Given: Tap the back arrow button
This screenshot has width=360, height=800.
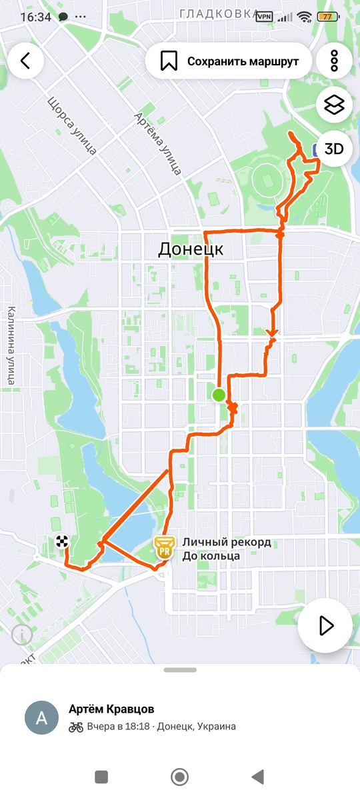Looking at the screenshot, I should point(25,61).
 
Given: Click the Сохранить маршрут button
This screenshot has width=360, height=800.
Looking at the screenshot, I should point(229,61).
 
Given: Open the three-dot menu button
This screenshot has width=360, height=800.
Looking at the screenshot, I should point(334,61).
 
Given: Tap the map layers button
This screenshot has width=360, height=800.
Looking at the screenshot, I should point(334,105).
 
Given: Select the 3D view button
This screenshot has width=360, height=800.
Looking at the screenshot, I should point(334,149).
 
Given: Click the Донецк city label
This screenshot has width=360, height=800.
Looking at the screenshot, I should point(191,250).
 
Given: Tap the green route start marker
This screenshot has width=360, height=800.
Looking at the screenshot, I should point(219,395).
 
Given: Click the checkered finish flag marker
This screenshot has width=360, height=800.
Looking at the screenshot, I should point(63,541).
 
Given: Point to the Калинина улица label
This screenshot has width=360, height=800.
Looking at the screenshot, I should point(11,345).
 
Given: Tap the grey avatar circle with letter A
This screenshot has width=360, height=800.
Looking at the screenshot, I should point(41,717).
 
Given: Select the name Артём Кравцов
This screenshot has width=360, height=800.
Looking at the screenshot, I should point(111,709).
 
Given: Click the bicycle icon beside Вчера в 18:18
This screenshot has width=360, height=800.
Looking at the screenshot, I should point(76,727).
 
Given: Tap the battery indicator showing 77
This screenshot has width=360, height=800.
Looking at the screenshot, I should point(328,17).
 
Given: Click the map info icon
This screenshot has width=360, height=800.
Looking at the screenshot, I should point(22,635).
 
